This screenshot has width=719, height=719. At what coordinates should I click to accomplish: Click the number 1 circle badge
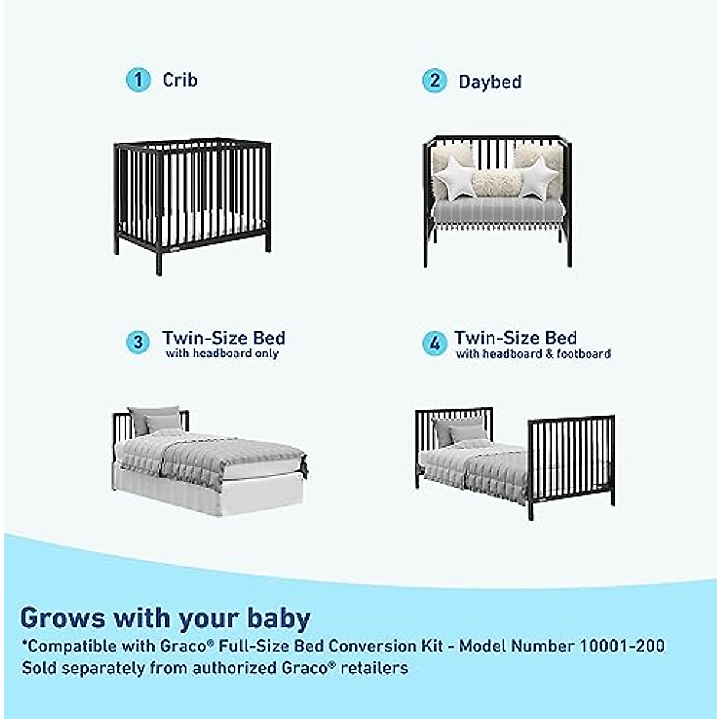(138, 80)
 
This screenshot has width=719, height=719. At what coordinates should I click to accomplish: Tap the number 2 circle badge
(434, 81)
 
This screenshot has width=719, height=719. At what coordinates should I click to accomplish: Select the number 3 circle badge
(138, 342)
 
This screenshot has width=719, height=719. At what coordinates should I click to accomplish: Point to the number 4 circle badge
(434, 343)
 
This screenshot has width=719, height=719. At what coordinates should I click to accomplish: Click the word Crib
(180, 80)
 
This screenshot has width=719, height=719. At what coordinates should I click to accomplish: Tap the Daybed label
(490, 82)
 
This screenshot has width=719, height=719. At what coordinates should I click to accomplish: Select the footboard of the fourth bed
(571, 455)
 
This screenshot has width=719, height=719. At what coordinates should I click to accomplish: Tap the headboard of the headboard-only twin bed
(122, 426)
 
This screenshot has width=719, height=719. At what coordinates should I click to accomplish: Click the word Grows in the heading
(63, 618)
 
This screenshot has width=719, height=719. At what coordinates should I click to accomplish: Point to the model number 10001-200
(621, 646)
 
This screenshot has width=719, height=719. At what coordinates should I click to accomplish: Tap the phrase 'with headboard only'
(222, 354)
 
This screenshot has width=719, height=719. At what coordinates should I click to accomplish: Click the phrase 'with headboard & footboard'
(533, 354)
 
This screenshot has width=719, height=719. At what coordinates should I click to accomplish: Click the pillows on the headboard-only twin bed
(155, 419)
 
